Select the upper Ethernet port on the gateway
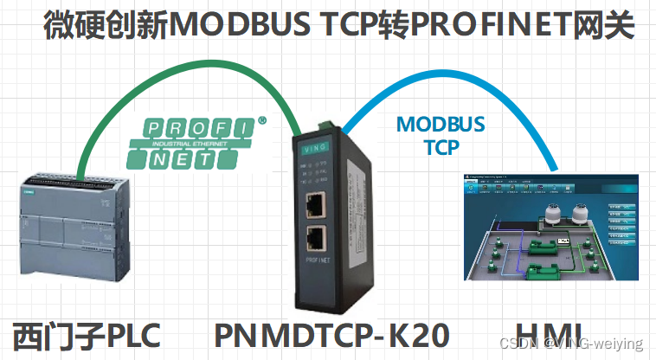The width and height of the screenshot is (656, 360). tap(325, 205)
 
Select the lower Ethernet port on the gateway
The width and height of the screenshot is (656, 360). tap(325, 241)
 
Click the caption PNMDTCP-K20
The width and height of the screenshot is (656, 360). tap(332, 335)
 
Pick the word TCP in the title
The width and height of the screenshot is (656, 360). tap(346, 26)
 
